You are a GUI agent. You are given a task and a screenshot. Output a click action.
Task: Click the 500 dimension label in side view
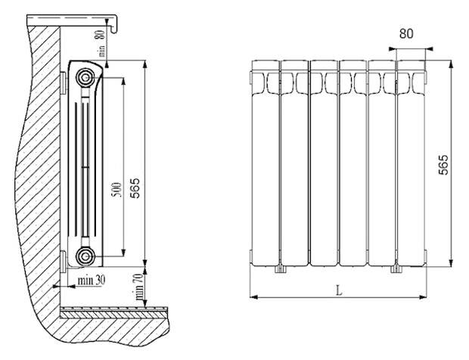(x=116, y=190)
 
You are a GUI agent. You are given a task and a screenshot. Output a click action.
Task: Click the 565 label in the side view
(x=135, y=188)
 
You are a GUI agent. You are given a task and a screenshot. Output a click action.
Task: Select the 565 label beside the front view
(x=443, y=164)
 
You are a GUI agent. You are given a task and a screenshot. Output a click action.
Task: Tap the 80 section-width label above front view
(x=406, y=33)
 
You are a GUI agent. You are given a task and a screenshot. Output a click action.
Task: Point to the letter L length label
(x=339, y=290)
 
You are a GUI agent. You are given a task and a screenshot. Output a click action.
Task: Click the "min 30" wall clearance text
(x=92, y=280)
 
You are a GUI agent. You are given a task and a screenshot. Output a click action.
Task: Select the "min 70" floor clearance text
(x=138, y=287)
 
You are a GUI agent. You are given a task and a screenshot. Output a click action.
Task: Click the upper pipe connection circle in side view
(x=85, y=78)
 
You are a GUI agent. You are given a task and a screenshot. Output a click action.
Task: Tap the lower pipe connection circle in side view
(x=85, y=256)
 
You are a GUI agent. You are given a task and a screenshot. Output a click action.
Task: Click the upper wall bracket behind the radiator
(x=64, y=83)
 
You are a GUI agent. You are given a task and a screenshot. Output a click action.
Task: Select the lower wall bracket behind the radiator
(x=64, y=262)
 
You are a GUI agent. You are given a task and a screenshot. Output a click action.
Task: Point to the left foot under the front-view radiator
(x=280, y=268)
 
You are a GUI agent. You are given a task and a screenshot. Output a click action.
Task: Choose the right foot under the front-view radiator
(x=396, y=268)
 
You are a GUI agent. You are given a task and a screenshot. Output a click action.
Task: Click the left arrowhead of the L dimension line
(x=253, y=297)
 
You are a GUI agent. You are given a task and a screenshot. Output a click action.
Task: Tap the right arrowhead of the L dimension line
(x=423, y=297)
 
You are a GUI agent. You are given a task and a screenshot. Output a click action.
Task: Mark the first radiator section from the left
(x=266, y=163)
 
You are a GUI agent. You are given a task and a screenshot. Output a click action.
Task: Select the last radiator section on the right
(x=411, y=163)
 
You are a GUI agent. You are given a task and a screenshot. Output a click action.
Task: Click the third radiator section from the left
(x=324, y=163)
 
